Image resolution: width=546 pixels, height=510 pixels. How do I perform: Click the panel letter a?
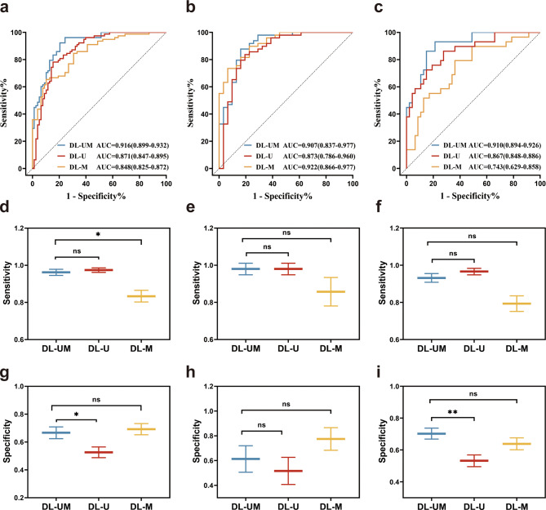click(x=7, y=7)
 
